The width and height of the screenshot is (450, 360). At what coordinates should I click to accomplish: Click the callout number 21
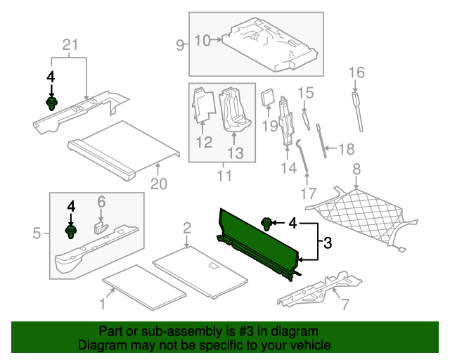pos(69,46)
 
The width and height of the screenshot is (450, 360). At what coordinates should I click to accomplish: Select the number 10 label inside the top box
pos(202,40)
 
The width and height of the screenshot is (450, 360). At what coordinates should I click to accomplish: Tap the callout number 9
pos(180,46)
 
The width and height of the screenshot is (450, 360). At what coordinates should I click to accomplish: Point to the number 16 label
pos(357,72)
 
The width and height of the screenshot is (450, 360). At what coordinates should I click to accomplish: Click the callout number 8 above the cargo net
pos(356,169)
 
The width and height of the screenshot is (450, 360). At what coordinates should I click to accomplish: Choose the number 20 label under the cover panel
pos(159,184)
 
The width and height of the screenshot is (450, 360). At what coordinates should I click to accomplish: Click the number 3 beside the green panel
pos(327,243)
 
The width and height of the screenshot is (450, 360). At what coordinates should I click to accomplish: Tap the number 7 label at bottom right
pos(345,304)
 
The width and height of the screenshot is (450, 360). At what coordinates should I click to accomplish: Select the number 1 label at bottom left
pos(103,304)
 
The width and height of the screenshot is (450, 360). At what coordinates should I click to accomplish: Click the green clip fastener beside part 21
pos(51,105)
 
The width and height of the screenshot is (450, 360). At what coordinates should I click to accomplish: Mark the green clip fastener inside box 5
pos(71,232)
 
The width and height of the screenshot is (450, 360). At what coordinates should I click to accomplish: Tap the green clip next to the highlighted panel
pos(267,224)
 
